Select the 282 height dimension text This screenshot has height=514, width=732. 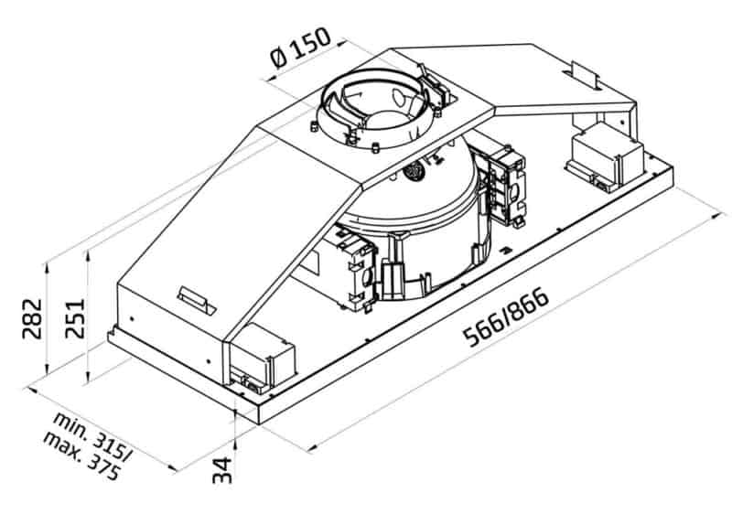(31, 317)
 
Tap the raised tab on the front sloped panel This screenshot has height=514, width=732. (195, 297)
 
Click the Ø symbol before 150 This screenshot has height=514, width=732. (279, 56)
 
